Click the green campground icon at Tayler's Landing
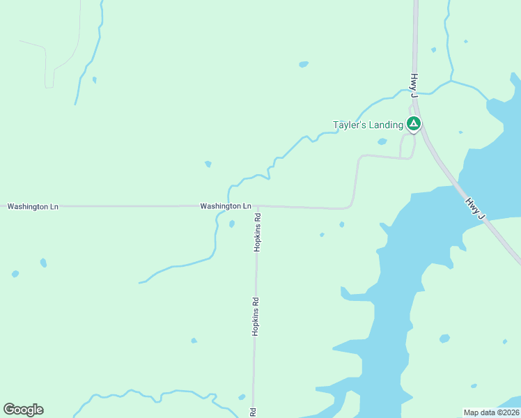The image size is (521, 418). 414,124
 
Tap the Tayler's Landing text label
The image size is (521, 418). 368,125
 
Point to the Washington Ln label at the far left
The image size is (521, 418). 33,207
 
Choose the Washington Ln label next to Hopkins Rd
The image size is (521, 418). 225,206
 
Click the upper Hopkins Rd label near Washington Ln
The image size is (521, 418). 257,232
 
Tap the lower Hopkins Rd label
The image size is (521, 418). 256,317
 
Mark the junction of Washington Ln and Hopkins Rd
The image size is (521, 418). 256,206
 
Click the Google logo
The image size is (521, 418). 23,410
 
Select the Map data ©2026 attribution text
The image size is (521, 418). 491,412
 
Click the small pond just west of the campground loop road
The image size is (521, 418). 382,141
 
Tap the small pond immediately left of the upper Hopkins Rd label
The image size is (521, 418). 232,224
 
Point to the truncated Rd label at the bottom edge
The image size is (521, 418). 253,412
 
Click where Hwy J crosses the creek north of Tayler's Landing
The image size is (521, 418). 414,91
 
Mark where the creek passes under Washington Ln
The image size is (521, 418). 228,206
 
